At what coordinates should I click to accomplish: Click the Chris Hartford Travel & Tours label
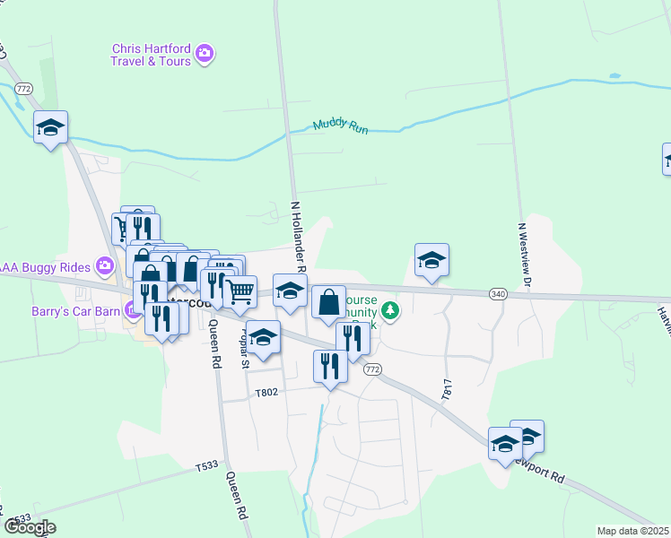151,55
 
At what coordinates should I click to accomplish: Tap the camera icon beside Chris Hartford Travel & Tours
205,55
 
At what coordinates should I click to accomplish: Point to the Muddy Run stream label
341,126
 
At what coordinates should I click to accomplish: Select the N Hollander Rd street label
296,236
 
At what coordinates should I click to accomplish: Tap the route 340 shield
499,294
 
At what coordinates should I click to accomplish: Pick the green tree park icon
390,311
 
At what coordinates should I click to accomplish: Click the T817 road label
445,388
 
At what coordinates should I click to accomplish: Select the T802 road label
266,392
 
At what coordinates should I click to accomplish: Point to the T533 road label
207,466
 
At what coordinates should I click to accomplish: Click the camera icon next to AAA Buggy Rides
106,265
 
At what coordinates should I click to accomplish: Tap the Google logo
30,527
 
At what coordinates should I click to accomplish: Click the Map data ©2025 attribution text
632,531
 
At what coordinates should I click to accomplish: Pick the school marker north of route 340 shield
431,260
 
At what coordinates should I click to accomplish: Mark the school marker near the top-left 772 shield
51,127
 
